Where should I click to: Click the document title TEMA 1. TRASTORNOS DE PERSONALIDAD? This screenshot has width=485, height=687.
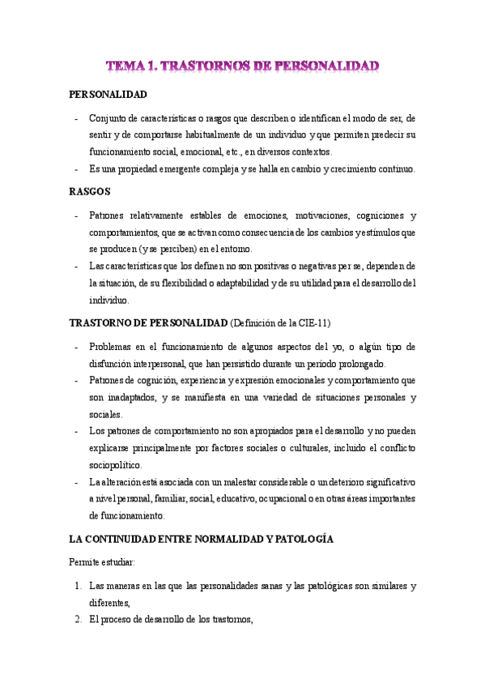pyautogui.click(x=243, y=64)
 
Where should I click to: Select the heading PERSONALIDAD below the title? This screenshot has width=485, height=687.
pyautogui.click(x=108, y=95)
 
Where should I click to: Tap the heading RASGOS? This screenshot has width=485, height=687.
pyautogui.click(x=90, y=192)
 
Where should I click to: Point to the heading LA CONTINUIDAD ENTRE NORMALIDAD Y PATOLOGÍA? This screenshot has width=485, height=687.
pyautogui.click(x=202, y=538)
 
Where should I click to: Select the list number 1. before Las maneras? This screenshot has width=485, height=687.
pyautogui.click(x=77, y=585)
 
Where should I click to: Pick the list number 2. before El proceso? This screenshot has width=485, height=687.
pyautogui.click(x=77, y=621)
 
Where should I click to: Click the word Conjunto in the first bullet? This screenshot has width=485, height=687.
pyautogui.click(x=107, y=118)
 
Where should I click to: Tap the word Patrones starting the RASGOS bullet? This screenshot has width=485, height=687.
pyautogui.click(x=107, y=215)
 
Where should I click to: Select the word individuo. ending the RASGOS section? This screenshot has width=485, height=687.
pyautogui.click(x=105, y=299)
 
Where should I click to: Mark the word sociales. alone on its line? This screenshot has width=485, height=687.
pyautogui.click(x=105, y=414)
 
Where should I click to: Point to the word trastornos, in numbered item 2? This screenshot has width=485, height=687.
pyautogui.click(x=232, y=621)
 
